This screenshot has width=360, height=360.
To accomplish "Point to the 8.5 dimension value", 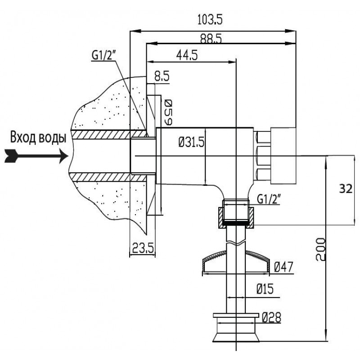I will [161, 77].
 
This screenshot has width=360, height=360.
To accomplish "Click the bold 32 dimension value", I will [346, 189].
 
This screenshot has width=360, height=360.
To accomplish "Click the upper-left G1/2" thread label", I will [104, 55].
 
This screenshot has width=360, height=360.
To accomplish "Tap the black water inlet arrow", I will [34, 156].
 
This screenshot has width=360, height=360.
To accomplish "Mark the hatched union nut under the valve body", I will [237, 216].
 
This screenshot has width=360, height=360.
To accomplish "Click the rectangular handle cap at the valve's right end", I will [284, 156].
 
